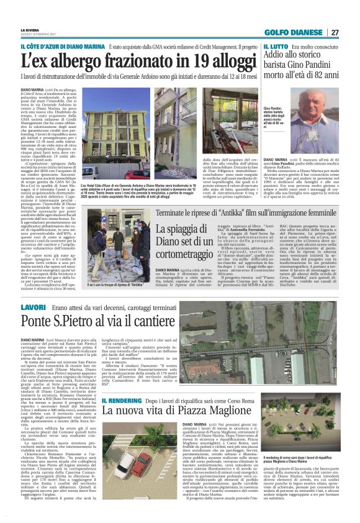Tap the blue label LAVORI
[x=34, y=307]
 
